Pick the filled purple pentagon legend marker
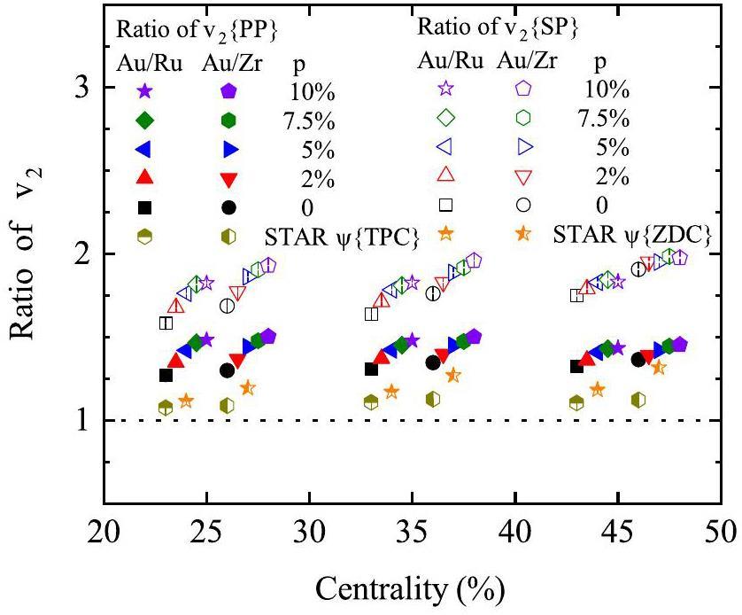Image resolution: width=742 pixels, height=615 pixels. [228, 90]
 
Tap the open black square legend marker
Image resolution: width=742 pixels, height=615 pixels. [447, 206]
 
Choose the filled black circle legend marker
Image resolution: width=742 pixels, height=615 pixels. [228, 207]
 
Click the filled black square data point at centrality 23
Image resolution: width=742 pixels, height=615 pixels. [166, 375]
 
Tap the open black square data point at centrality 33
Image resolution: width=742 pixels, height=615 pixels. [372, 314]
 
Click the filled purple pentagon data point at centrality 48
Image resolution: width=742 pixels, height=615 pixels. [680, 345]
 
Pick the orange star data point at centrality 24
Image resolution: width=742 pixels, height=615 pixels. [186, 401]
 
